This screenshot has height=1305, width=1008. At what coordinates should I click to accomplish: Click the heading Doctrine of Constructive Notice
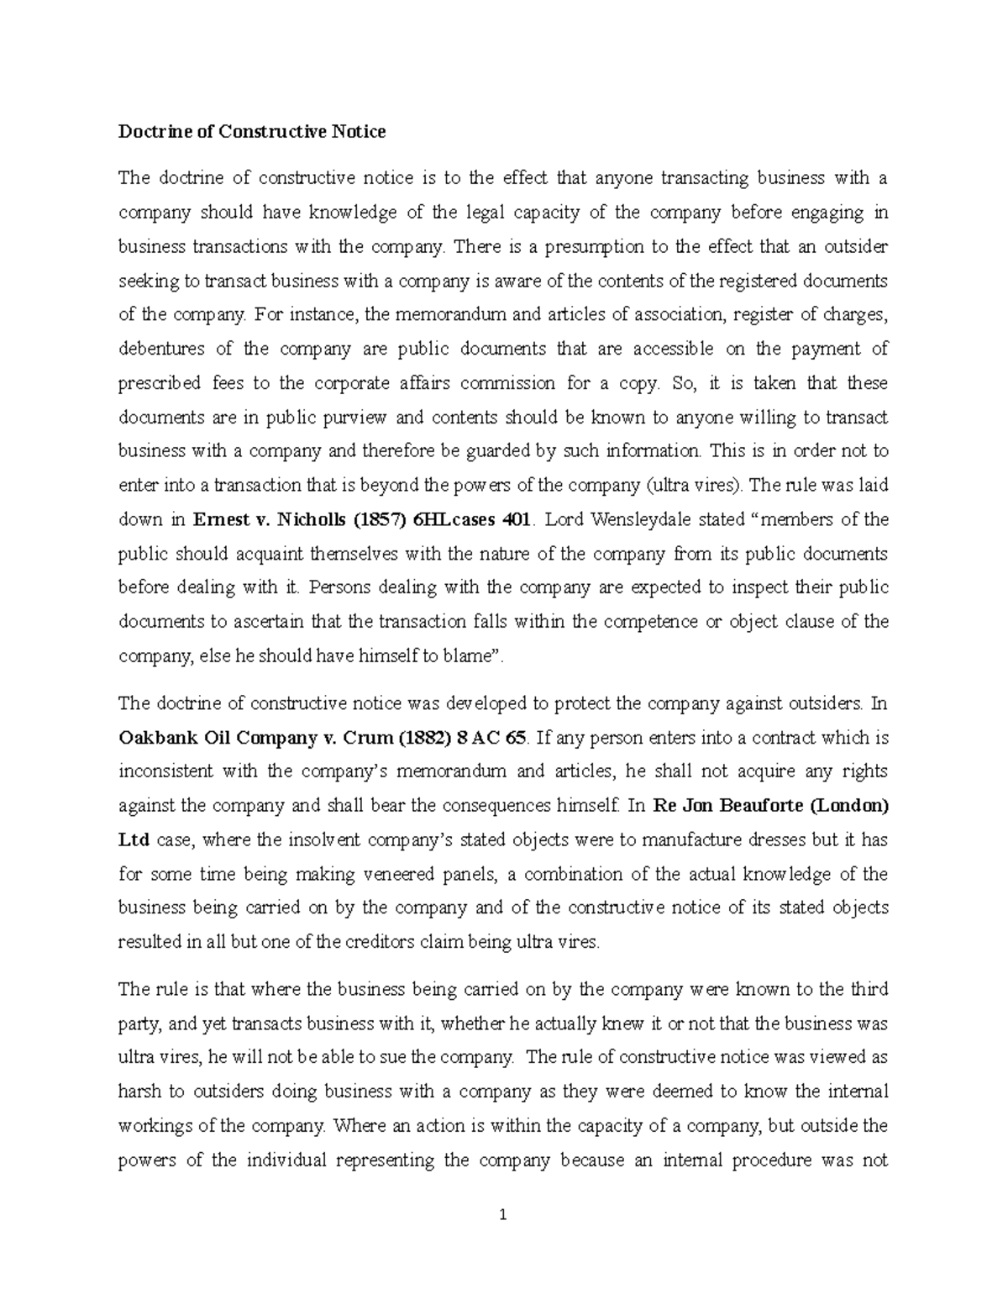click(252, 131)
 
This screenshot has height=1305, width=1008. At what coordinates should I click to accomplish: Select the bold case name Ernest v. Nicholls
click(262, 519)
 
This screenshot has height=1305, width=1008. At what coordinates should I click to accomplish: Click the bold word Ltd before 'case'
click(132, 839)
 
